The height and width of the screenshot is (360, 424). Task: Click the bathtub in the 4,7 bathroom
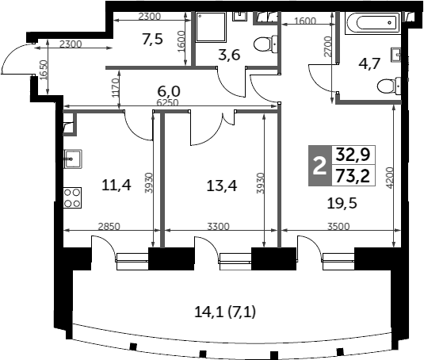point(372,23)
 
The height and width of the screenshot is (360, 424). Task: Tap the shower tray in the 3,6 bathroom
point(211,27)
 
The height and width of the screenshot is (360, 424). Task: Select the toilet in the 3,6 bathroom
point(266,44)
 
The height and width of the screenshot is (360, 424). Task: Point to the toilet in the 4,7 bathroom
point(389,86)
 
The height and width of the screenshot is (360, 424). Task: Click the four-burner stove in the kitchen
point(72,197)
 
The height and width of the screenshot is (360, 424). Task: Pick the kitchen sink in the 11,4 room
point(73,159)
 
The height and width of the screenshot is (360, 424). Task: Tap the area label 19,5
point(342,203)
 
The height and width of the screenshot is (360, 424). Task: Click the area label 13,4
point(222,186)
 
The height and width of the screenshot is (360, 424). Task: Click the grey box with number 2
point(320,166)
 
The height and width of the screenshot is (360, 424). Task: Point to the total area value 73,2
point(353,176)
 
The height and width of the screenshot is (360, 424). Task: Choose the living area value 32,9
point(353,155)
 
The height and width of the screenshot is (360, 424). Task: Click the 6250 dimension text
point(168,102)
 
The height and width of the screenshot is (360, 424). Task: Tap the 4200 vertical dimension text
point(390,178)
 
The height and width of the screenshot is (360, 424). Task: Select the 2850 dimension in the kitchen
point(109,226)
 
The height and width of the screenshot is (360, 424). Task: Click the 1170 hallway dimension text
point(116,88)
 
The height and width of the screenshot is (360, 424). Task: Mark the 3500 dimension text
point(338,226)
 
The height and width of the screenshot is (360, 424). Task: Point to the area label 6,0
point(169,92)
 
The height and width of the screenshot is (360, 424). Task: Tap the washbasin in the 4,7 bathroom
point(396,55)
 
